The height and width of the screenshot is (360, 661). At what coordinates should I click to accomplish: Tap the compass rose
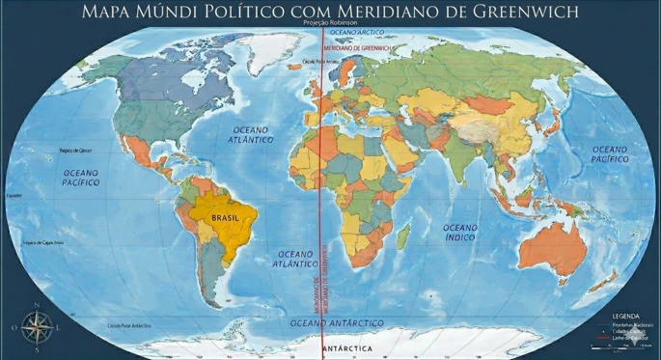pos(37,329)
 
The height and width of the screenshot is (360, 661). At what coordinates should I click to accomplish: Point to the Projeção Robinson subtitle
pos(330,22)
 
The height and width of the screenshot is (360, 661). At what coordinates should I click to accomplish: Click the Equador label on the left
pos(14,196)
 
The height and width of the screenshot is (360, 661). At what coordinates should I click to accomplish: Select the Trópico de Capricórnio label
pos(43,242)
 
